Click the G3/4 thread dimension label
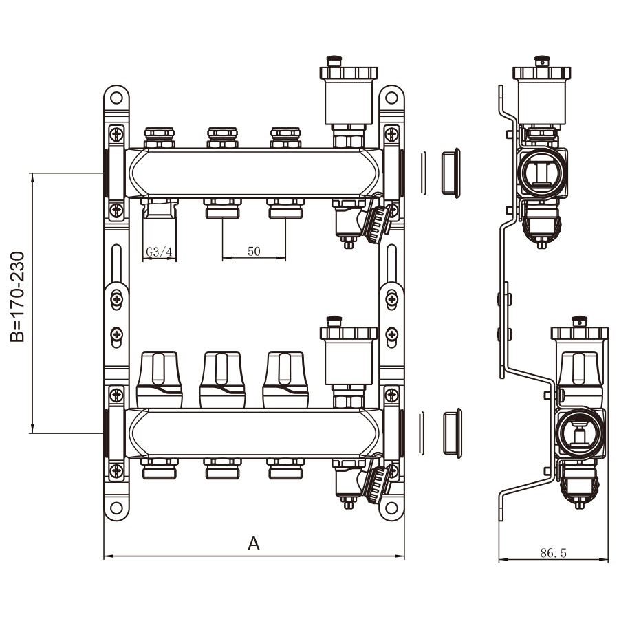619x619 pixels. (x=160, y=252)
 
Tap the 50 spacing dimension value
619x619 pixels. (x=254, y=251)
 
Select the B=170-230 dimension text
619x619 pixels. (x=19, y=296)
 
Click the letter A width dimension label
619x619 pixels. (x=254, y=544)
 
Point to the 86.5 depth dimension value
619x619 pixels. (x=554, y=552)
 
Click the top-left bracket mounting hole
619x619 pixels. (x=116, y=98)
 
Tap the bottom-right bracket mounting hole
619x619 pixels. (x=391, y=509)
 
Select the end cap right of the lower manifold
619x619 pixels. (x=450, y=432)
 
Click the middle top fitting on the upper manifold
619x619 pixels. (x=222, y=136)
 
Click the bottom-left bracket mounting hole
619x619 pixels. (x=116, y=509)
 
